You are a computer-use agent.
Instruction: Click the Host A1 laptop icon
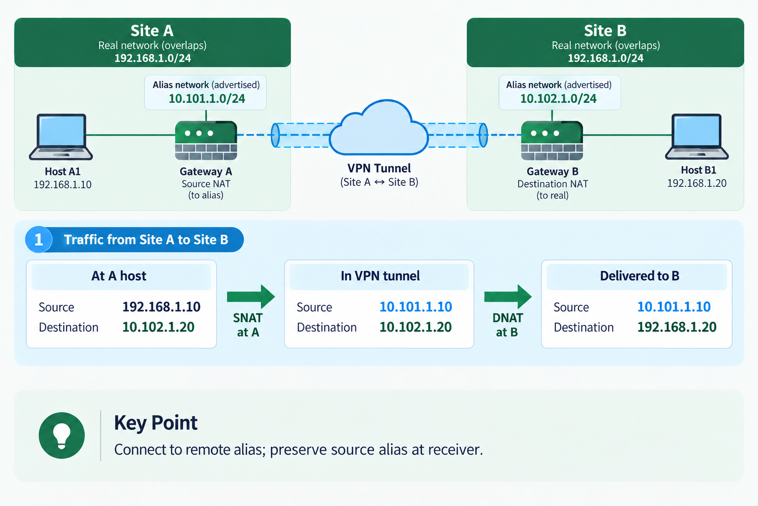pyautogui.click(x=61, y=137)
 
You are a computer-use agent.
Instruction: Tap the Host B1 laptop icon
pyautogui.click(x=697, y=137)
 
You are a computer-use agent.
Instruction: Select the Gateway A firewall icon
pyautogui.click(x=206, y=140)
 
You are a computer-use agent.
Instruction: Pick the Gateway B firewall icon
pyautogui.click(x=552, y=140)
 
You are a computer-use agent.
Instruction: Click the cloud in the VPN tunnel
pyautogui.click(x=379, y=128)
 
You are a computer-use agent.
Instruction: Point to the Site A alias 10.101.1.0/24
pyautogui.click(x=207, y=99)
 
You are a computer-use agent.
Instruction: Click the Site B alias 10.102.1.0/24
pyautogui.click(x=558, y=99)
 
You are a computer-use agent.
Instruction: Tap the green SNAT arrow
pyautogui.click(x=251, y=296)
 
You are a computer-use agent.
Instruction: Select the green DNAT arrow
pyautogui.click(x=508, y=296)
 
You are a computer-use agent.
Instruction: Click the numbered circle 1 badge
pyautogui.click(x=38, y=240)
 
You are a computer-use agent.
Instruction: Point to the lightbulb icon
pyautogui.click(x=62, y=435)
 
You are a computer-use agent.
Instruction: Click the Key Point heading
pyautogui.click(x=155, y=423)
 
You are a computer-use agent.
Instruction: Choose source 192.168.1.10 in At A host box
pyautogui.click(x=161, y=307)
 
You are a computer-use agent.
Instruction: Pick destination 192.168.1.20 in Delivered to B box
pyautogui.click(x=677, y=327)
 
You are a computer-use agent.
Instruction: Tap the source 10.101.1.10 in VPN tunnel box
pyautogui.click(x=416, y=307)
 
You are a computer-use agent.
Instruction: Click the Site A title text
pyautogui.click(x=152, y=31)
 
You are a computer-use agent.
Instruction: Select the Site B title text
pyautogui.click(x=605, y=31)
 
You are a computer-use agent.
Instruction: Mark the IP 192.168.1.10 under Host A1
pyautogui.click(x=63, y=184)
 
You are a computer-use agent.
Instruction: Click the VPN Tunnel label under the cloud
pyautogui.click(x=379, y=168)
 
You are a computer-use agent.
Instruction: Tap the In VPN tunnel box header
pyautogui.click(x=379, y=276)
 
